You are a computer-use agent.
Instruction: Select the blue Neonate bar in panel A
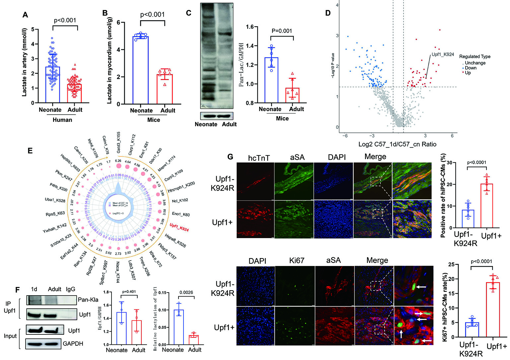[52, 85]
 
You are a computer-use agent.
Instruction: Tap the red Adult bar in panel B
[165, 89]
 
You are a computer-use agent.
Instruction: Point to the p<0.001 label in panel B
[152, 14]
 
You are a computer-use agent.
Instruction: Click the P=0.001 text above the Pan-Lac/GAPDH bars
[282, 31]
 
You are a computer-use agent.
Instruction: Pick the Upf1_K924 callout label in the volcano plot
[443, 54]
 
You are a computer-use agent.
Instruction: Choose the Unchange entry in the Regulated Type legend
[475, 63]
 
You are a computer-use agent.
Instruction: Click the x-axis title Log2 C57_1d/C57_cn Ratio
[397, 144]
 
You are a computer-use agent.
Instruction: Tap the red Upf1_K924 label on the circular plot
[179, 227]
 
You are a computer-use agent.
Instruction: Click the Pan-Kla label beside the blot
[88, 300]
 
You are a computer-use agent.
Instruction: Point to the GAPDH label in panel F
[73, 343]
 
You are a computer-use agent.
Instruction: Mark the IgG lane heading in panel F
[70, 289]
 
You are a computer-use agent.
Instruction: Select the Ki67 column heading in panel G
[296, 260]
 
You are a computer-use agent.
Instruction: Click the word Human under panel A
[62, 120]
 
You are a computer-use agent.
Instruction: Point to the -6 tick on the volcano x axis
[345, 135]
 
